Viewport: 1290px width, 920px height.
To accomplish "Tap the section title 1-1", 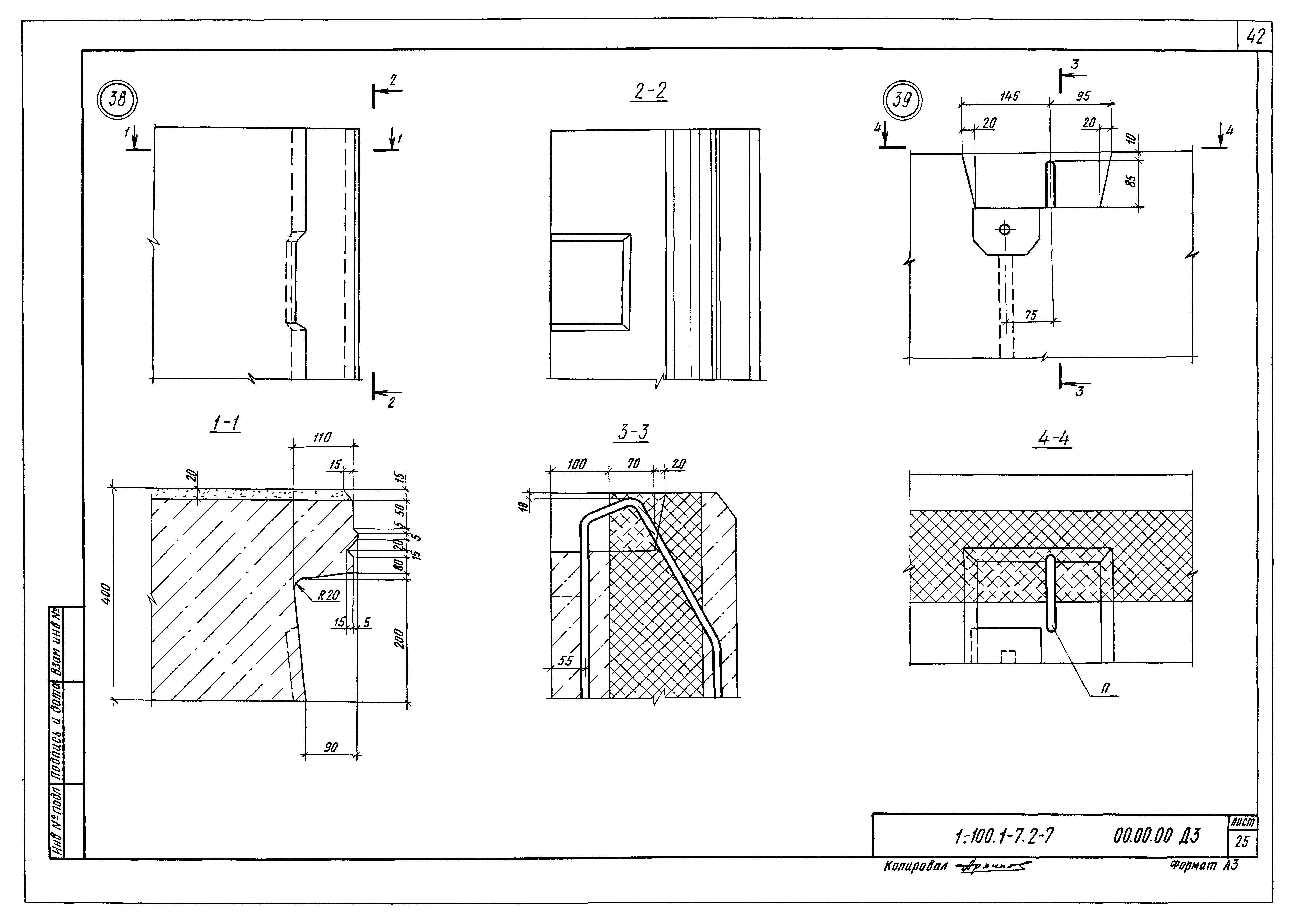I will tap(226, 423).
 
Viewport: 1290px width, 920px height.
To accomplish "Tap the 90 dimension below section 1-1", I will tap(331, 747).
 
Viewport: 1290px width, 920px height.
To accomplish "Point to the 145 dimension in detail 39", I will tap(1008, 96).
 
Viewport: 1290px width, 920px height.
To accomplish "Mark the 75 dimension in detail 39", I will tap(1031, 315).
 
